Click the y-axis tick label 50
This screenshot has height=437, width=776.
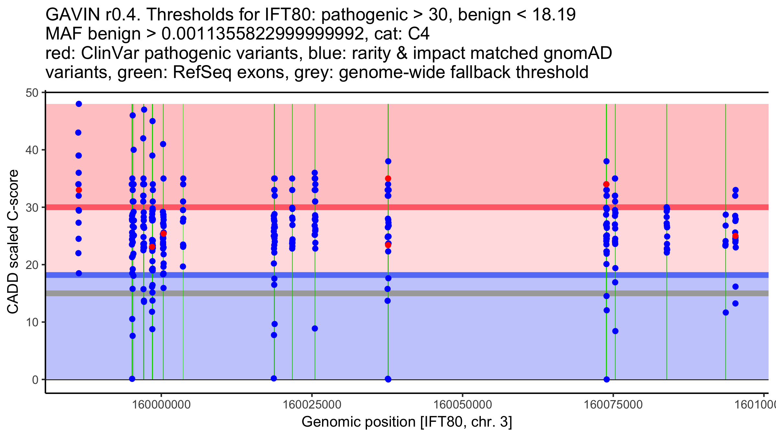(x=32, y=93)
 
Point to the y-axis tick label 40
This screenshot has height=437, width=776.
(x=32, y=150)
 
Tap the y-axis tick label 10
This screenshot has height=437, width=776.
(x=32, y=322)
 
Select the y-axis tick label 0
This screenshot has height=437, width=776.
(x=35, y=380)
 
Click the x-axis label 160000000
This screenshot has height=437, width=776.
(x=161, y=405)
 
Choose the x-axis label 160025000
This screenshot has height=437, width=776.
(x=312, y=405)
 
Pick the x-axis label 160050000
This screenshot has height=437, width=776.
(x=463, y=405)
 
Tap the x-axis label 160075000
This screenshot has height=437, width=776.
(x=613, y=405)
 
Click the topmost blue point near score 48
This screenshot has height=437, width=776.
(x=79, y=104)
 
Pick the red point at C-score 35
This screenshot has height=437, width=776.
(x=388, y=179)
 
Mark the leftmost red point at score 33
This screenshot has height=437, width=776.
(x=79, y=190)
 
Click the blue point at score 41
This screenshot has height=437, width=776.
(x=163, y=144)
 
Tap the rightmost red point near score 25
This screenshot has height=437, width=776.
(x=735, y=236)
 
